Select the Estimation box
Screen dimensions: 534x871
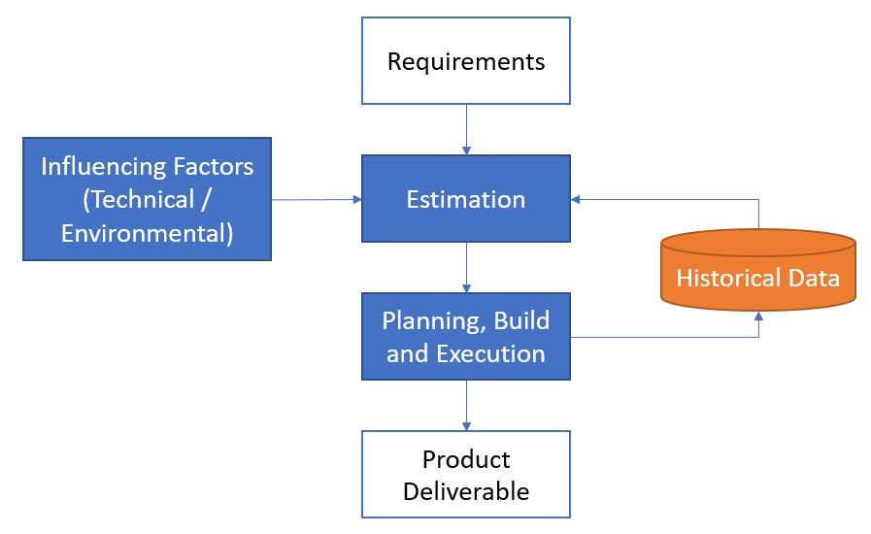(466, 200)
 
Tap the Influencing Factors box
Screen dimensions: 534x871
(147, 199)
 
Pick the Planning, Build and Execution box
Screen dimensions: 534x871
(466, 336)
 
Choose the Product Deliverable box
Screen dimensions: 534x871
(466, 475)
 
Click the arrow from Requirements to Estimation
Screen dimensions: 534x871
(466, 130)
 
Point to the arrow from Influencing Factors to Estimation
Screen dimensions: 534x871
(316, 200)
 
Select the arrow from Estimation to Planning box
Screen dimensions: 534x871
(466, 267)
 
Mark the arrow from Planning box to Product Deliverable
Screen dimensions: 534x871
(466, 405)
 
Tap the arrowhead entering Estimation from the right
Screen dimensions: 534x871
(577, 200)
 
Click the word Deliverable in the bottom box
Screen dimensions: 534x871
(466, 491)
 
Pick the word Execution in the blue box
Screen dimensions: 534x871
(490, 352)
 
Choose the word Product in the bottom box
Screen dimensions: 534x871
(466, 459)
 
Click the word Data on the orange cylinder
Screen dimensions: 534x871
(815, 279)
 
